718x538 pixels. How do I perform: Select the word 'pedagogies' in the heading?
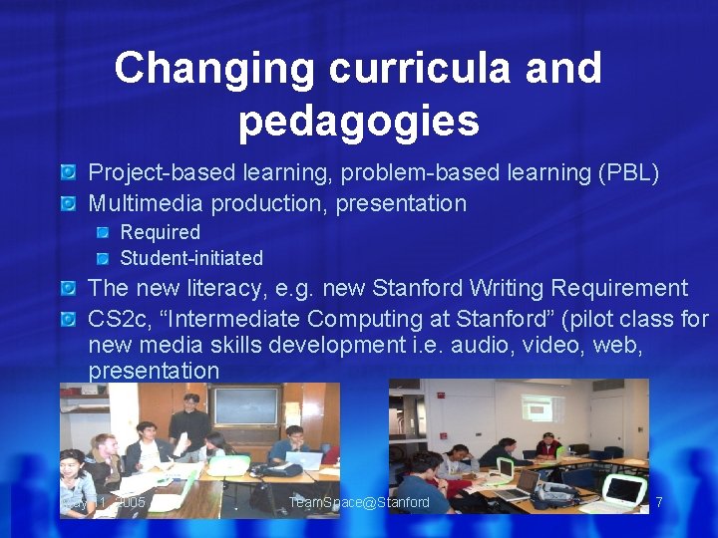point(359,121)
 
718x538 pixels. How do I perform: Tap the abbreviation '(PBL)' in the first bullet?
point(627,172)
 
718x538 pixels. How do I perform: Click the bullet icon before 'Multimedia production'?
point(68,204)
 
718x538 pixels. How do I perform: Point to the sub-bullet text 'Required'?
point(160,232)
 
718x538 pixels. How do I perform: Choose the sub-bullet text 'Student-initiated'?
point(191,258)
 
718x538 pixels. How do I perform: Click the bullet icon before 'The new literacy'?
point(68,289)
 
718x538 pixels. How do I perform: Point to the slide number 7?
point(658,502)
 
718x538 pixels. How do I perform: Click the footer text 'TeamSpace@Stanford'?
point(359,502)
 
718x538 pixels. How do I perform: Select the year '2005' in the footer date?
point(130,502)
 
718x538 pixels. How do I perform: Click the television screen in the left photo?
point(246,405)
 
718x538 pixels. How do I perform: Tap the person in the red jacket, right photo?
point(545,445)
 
